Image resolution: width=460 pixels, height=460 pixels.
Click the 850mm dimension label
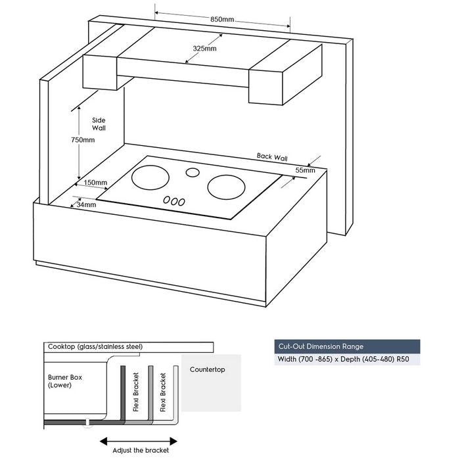pyautogui.click(x=222, y=20)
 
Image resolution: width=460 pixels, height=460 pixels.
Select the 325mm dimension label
pyautogui.click(x=206, y=49)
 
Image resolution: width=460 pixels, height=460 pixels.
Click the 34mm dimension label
pyautogui.click(x=86, y=205)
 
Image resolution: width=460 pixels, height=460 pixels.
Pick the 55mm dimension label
pyautogui.click(x=305, y=170)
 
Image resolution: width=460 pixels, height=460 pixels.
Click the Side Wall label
pyautogui.click(x=99, y=124)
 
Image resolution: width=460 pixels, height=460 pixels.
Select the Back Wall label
pyautogui.click(x=272, y=157)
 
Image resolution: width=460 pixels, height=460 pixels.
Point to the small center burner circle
pyautogui.click(x=191, y=173)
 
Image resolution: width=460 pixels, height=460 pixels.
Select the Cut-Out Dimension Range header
pyautogui.click(x=320, y=346)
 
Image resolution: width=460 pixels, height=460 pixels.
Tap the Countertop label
pyautogui.click(x=207, y=369)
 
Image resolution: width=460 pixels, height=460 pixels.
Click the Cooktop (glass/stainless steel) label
pyautogui.click(x=95, y=346)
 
